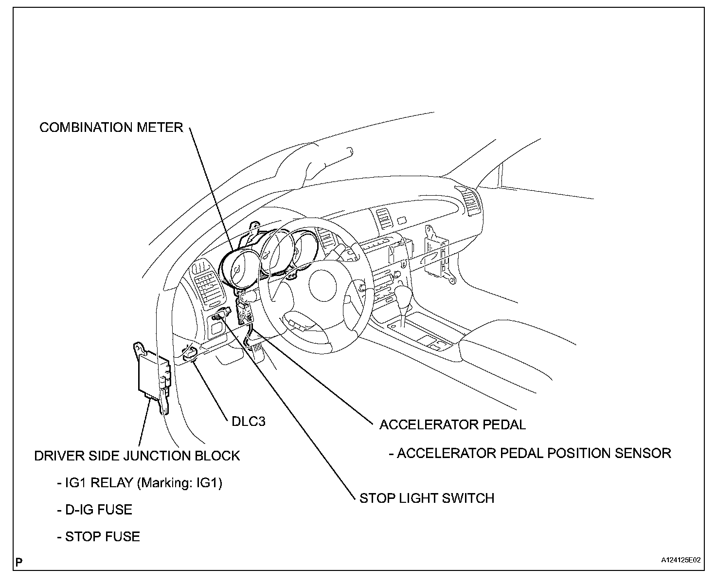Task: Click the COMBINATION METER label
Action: tap(111, 128)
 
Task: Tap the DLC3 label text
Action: tap(248, 422)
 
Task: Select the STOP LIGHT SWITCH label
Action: tap(427, 498)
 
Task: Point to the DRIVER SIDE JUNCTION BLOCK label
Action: tap(137, 456)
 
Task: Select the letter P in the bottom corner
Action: tap(19, 563)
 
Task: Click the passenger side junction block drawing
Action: tap(438, 256)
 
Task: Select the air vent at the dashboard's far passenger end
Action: tap(469, 201)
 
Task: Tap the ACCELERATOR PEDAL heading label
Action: tap(452, 424)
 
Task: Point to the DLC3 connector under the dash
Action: tap(190, 353)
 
